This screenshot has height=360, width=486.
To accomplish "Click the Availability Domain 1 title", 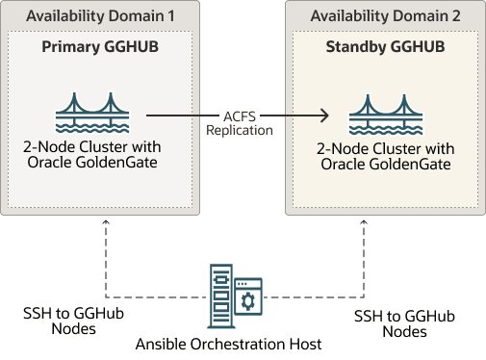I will (x=100, y=16).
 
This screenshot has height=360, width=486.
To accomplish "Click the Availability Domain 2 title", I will (x=385, y=16).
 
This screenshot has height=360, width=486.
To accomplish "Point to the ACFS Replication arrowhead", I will (x=325, y=116).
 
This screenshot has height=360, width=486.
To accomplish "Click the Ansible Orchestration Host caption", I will (x=228, y=344).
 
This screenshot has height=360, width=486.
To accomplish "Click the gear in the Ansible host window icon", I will (x=248, y=302).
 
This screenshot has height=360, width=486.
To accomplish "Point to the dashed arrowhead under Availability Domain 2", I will (x=363, y=222).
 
